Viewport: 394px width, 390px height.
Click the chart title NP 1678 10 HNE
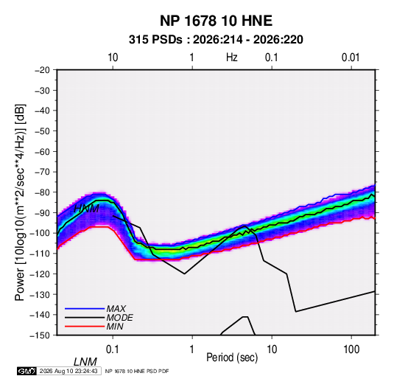pos(216,21)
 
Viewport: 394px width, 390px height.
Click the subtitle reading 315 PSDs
pos(155,40)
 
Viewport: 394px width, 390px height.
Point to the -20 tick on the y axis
pos(42,70)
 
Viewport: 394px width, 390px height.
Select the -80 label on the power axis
pos(42,192)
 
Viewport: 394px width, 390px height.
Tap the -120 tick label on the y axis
pos(40,274)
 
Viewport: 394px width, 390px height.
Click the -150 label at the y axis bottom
pos(40,335)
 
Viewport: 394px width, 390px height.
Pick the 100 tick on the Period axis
pos(351,349)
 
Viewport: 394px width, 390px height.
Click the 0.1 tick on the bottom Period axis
pos(113,349)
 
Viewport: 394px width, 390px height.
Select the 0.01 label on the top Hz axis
pos(351,58)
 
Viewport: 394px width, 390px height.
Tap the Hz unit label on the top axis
pos(232,58)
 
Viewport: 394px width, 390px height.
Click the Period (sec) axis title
pos(232,358)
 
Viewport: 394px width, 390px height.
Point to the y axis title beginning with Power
pos(20,203)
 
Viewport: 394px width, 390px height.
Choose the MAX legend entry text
pos(116,309)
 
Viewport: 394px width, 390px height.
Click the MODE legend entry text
pos(119,318)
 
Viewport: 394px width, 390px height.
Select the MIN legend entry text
pos(115,327)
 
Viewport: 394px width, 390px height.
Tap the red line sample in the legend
pos(85,327)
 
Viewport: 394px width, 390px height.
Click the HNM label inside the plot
pos(86,209)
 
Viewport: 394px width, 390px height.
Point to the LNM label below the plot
pos(85,362)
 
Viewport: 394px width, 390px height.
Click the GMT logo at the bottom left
pos(27,371)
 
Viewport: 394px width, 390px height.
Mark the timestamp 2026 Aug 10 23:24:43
pos(68,371)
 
